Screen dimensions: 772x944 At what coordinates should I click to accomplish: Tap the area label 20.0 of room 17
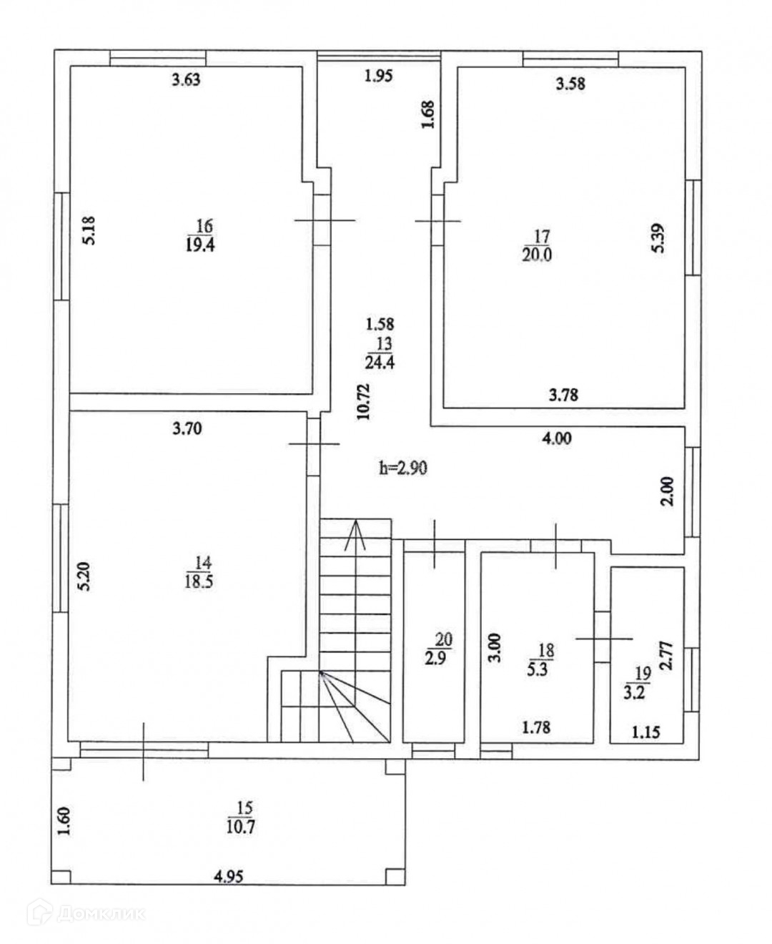click(x=537, y=254)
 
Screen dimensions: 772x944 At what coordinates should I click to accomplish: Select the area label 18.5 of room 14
click(x=198, y=581)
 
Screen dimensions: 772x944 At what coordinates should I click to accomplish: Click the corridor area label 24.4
click(x=380, y=362)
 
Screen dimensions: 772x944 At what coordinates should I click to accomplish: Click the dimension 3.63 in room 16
click(x=186, y=79)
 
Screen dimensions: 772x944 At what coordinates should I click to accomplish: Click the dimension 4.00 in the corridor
click(x=556, y=438)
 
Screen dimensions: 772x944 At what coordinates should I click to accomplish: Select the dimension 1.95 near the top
click(x=378, y=76)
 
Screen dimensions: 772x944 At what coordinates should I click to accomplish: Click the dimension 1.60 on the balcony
click(x=64, y=822)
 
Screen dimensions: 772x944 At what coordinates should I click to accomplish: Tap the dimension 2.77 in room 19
click(x=666, y=654)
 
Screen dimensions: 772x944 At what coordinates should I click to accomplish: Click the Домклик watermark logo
click(x=86, y=913)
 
